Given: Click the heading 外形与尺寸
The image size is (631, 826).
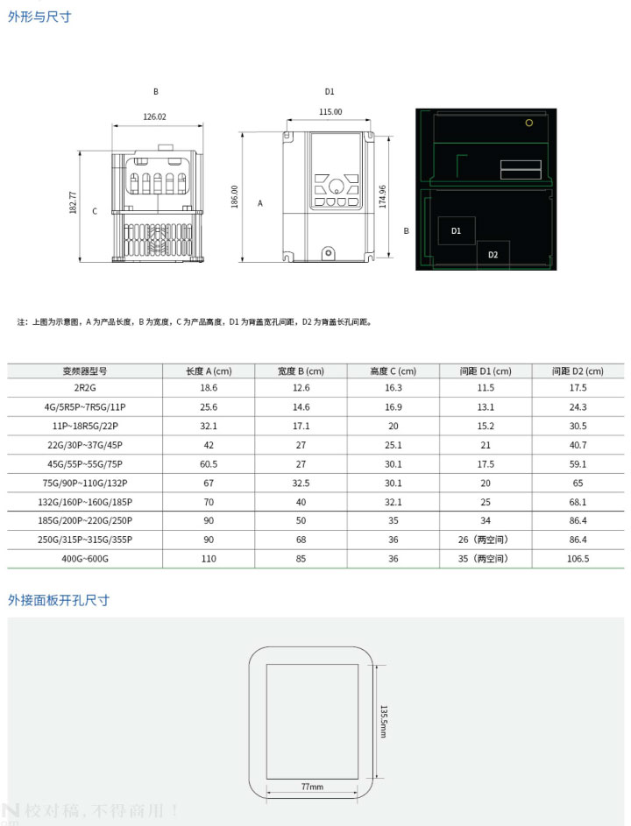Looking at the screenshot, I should (x=39, y=18).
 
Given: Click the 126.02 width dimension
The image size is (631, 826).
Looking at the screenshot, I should (x=154, y=116).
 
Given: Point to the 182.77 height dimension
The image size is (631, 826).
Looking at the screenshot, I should (x=74, y=203).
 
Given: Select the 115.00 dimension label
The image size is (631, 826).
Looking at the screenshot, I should (x=330, y=112).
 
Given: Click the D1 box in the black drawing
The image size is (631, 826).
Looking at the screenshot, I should (x=456, y=230).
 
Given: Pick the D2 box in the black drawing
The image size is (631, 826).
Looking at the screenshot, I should (x=493, y=254).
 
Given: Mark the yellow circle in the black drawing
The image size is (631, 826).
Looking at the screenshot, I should (x=528, y=123).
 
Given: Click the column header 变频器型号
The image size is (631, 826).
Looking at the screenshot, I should (x=85, y=371).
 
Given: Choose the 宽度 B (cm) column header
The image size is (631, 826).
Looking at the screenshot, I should (x=301, y=371).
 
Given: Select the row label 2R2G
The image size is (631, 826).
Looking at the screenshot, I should (x=85, y=387).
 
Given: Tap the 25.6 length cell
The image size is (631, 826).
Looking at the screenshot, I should (x=209, y=407).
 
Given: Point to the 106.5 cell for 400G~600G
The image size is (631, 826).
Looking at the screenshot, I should (x=578, y=558).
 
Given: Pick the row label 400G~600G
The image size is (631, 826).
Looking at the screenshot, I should (x=85, y=558).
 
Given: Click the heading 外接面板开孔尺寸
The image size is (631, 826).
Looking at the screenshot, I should (x=59, y=600).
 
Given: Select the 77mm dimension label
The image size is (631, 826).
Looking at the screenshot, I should (x=312, y=787).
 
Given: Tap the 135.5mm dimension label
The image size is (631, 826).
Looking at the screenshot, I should (x=383, y=722).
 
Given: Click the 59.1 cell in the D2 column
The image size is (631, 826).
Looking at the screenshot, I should (x=578, y=464).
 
